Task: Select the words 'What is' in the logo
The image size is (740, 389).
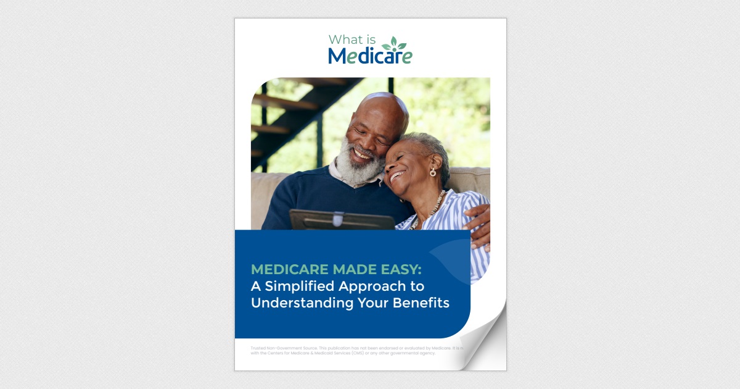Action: coord(350,40)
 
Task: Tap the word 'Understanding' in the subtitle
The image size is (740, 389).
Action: coord(302,303)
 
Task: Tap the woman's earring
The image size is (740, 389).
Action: coord(432,172)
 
